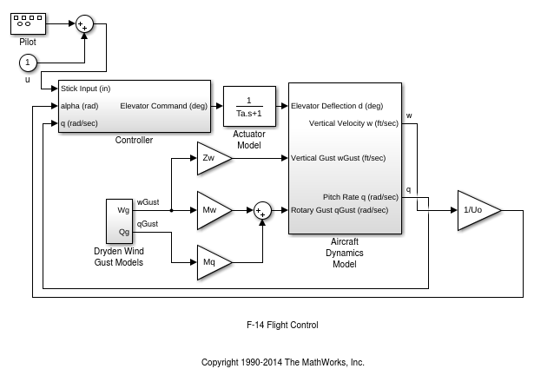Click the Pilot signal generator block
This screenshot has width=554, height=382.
[x=28, y=22]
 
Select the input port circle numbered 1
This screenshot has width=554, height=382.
[x=28, y=62]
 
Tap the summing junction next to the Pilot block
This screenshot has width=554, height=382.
[x=84, y=23]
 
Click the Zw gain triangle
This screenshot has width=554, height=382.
[x=211, y=159]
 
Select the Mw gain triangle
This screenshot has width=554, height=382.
[x=211, y=210]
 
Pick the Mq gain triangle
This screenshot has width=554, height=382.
[x=211, y=261]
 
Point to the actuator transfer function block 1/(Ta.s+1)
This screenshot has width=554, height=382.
[x=249, y=106]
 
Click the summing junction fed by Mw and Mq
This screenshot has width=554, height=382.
[x=262, y=210]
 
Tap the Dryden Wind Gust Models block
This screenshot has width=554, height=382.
[x=119, y=221]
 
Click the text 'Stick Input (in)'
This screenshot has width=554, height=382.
[x=85, y=89]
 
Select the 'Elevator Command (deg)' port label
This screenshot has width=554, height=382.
[x=164, y=106]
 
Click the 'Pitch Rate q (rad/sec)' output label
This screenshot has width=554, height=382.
[x=359, y=197]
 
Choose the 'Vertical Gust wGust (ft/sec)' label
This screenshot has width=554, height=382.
[x=339, y=158]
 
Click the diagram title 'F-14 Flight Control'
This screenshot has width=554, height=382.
[x=282, y=326]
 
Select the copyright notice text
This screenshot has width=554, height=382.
[x=282, y=362]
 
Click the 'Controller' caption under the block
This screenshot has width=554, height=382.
[x=134, y=140]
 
